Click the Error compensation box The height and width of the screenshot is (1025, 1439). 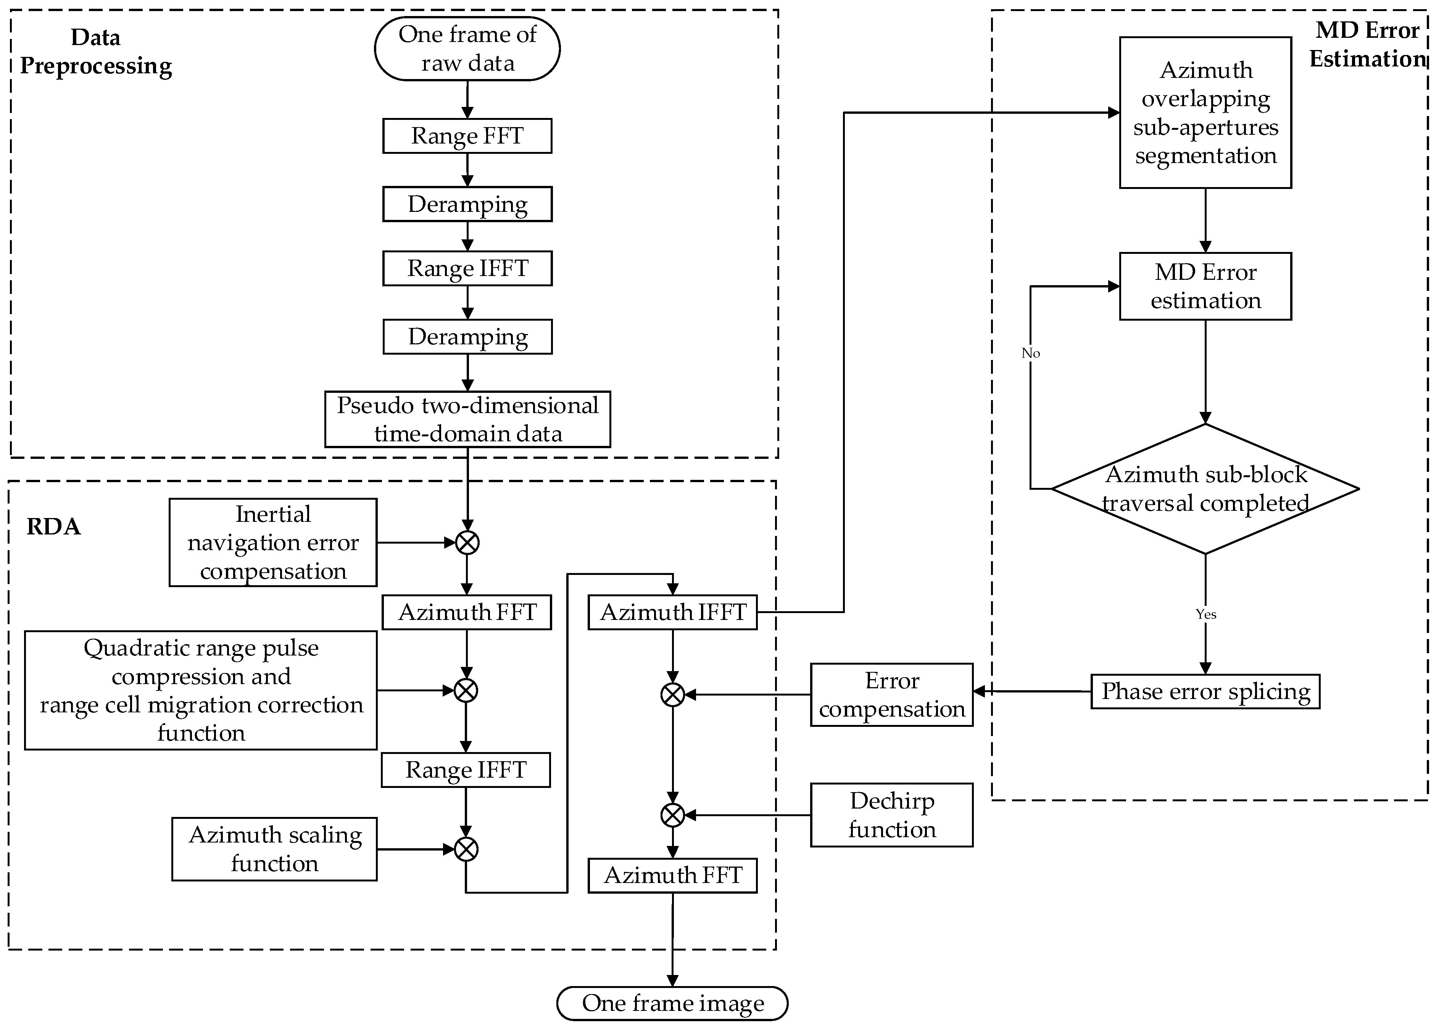(x=891, y=694)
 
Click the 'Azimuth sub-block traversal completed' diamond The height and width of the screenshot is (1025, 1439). (x=1205, y=489)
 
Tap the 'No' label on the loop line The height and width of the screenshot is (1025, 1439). (x=1030, y=353)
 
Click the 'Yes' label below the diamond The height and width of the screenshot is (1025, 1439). (x=1205, y=614)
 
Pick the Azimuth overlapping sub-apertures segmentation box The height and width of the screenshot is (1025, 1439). (x=1205, y=112)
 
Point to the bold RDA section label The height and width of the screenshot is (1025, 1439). (x=54, y=526)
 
